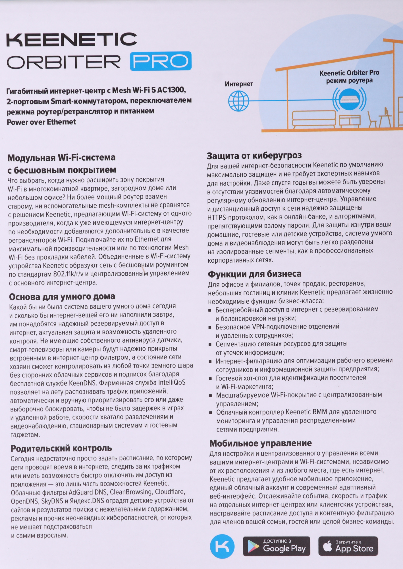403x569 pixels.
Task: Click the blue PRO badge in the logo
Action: pyautogui.click(x=161, y=61)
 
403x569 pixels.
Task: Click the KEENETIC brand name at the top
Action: pyautogui.click(x=72, y=40)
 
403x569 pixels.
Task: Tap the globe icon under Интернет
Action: pyautogui.click(x=239, y=101)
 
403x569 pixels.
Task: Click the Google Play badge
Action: pyautogui.click(x=276, y=546)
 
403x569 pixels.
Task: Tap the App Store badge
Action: pyautogui.click(x=348, y=546)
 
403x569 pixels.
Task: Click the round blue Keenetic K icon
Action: pyautogui.click(x=222, y=547)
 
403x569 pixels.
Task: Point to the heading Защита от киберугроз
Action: pyautogui.click(x=254, y=156)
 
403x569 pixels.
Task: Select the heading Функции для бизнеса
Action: pyautogui.click(x=255, y=274)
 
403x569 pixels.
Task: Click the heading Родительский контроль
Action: pyautogui.click(x=61, y=448)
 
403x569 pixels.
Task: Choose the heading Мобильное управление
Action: pyautogui.click(x=261, y=443)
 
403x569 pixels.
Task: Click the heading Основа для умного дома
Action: pyautogui.click(x=62, y=297)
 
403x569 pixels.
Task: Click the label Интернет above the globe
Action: pyautogui.click(x=239, y=84)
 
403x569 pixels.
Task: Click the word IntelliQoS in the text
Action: pyautogui.click(x=172, y=382)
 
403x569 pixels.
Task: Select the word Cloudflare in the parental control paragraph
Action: pyautogui.click(x=170, y=492)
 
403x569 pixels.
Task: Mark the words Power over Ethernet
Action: pyautogui.click(x=41, y=122)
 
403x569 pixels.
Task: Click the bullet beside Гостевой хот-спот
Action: pyautogui.click(x=210, y=379)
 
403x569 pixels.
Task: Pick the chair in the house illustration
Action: pyautogui.click(x=372, y=119)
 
